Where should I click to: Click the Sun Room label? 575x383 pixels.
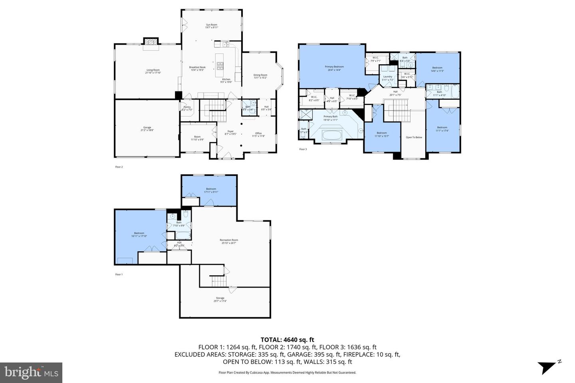tap(211, 26)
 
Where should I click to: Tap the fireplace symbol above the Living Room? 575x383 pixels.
tap(151, 42)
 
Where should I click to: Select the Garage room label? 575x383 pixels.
tap(147, 128)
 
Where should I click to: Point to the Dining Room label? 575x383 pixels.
tap(260, 76)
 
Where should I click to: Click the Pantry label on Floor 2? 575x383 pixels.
tap(187, 108)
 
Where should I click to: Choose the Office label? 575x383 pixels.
tap(258, 134)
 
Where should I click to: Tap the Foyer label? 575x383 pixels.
tap(230, 132)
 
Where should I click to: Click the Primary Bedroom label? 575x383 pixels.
tap(334, 68)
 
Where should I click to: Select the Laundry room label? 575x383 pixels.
tap(387, 78)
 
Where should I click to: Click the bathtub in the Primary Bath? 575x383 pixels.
tap(332, 134)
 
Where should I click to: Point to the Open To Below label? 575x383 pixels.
tap(414, 137)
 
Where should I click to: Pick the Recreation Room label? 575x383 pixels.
tap(229, 241)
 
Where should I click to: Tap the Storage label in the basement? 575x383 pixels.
tap(220, 299)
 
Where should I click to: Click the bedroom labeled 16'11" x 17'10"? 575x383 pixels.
tap(139, 235)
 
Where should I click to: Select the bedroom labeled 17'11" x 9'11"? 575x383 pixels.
tap(211, 190)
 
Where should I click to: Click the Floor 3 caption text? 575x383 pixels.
tap(303, 149)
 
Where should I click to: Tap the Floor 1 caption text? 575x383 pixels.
tap(119, 274)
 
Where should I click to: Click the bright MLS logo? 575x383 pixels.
tap(31, 373)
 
